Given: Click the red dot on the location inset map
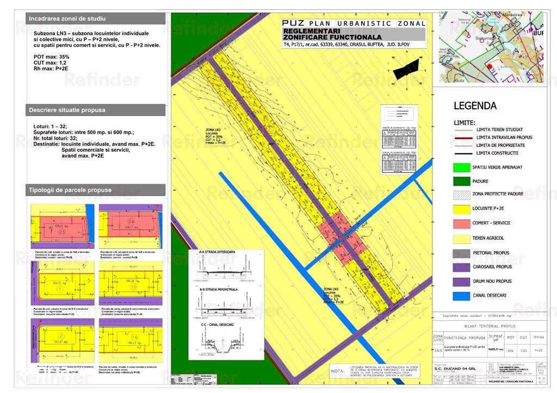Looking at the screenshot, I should point(490,67).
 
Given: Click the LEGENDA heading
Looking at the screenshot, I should point(475,106).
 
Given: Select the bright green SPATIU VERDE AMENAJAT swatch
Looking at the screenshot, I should point(463,166).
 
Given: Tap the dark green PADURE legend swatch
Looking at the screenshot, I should point(463,181).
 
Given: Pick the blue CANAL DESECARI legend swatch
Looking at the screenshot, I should point(463,296).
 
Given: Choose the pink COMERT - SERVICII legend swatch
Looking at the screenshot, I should point(463,223).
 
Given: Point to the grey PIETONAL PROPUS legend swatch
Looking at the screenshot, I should point(463,253).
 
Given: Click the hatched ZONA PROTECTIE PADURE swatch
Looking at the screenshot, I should point(463,195).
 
